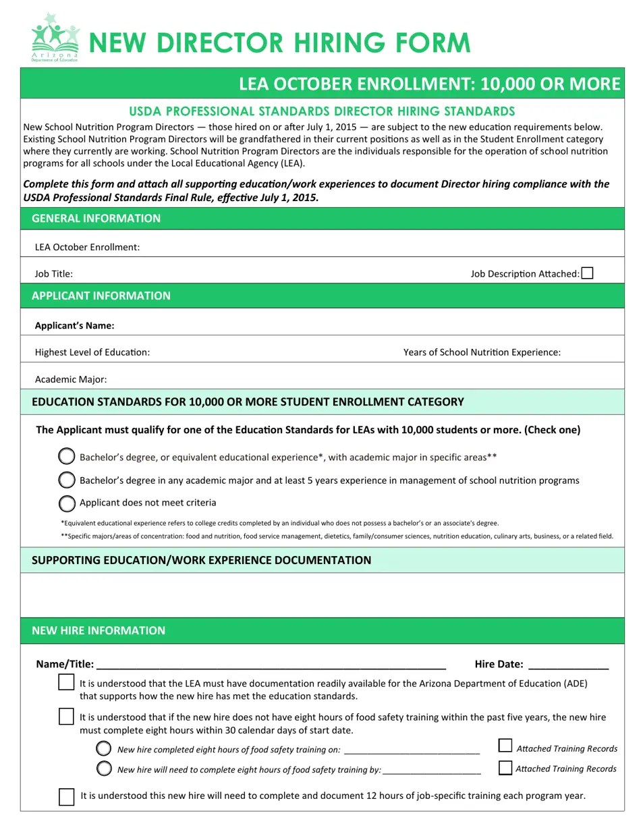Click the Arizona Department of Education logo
(55, 38)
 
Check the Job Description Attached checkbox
(587, 273)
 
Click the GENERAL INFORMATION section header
(96, 218)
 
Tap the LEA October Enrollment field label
(87, 247)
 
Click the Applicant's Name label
(74, 325)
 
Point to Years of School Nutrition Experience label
(482, 352)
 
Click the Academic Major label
(71, 379)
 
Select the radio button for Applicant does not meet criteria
(67, 503)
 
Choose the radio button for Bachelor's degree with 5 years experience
(67, 480)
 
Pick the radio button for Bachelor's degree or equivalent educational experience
(67, 457)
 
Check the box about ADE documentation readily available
(66, 682)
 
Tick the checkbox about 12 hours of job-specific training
(66, 797)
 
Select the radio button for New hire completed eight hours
(104, 748)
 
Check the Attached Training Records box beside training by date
(505, 768)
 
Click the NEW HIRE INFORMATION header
(99, 630)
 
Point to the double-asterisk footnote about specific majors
(337, 536)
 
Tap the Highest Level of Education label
(92, 352)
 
